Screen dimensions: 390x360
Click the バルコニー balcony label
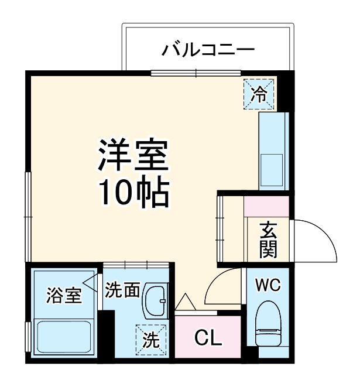[208, 49]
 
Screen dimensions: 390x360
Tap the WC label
[268, 286]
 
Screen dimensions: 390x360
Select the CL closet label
[208, 338]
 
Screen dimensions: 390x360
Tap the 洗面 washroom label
[122, 289]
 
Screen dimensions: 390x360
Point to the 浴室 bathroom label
[64, 296]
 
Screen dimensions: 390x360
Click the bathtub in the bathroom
[64, 338]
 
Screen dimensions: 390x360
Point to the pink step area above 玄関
[266, 206]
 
